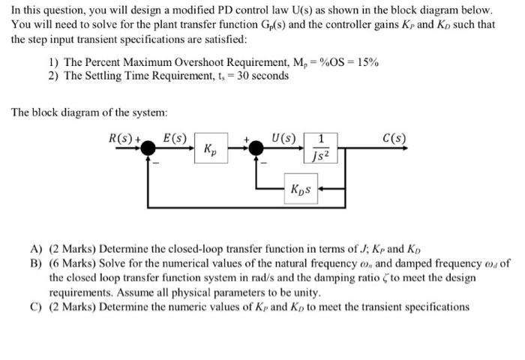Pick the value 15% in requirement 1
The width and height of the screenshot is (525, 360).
367,63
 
